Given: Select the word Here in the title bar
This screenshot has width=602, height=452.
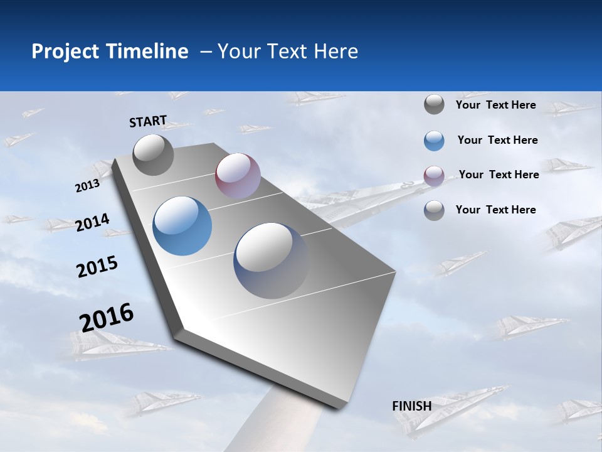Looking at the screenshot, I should pyautogui.click(x=335, y=51).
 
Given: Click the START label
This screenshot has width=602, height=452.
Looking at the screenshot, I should pyautogui.click(x=148, y=121).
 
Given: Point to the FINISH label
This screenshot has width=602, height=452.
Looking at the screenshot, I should pyautogui.click(x=412, y=406).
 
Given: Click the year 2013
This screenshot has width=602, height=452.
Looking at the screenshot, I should pyautogui.click(x=87, y=186).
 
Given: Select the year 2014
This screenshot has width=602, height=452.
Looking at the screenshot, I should pyautogui.click(x=92, y=223).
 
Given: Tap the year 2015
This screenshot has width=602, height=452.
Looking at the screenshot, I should pyautogui.click(x=97, y=267).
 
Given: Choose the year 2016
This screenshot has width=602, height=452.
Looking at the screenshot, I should pyautogui.click(x=107, y=317).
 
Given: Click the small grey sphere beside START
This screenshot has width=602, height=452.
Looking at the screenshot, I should pyautogui.click(x=154, y=154).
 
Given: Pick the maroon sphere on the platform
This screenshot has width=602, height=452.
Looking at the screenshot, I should pyautogui.click(x=238, y=175).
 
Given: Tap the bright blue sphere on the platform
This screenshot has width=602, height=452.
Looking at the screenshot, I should pyautogui.click(x=182, y=226).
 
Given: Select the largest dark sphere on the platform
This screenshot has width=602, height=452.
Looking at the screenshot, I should pyautogui.click(x=271, y=260).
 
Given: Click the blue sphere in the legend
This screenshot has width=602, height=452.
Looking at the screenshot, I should pyautogui.click(x=434, y=141).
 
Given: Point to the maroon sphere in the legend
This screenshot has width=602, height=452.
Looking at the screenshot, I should pyautogui.click(x=434, y=176).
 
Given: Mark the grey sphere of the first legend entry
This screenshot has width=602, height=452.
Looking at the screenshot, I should pyautogui.click(x=434, y=105).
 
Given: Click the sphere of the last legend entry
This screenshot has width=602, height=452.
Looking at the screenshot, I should pyautogui.click(x=434, y=210).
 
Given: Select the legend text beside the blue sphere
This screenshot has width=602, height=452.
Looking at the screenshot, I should pyautogui.click(x=497, y=140).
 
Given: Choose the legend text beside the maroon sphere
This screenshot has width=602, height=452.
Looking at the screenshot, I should pyautogui.click(x=499, y=175).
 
